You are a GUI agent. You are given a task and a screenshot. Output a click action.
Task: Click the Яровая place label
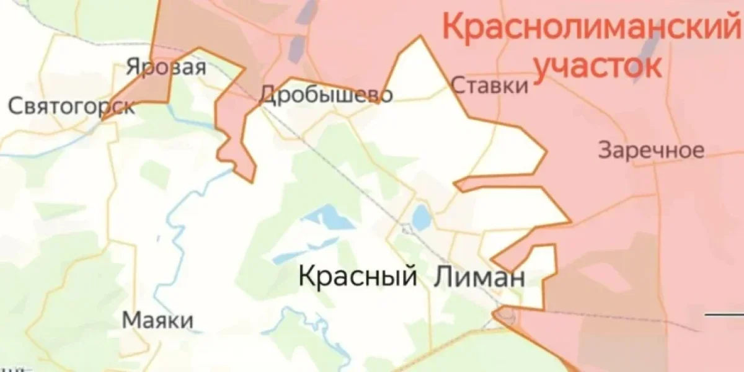(x=166, y=66)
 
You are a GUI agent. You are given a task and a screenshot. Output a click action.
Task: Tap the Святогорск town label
(x=71, y=106)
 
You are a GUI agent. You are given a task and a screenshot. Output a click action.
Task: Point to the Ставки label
(x=490, y=85)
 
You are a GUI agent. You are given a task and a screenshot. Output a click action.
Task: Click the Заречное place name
(x=651, y=151)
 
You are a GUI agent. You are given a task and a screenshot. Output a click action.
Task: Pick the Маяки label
(x=157, y=321)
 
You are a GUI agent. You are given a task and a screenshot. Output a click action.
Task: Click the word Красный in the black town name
(x=357, y=275)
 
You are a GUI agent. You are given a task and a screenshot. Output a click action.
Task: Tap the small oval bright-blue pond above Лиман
(x=422, y=218)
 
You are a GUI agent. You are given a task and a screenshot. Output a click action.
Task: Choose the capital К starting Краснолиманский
(x=453, y=28)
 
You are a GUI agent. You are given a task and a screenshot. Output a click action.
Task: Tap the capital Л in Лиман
(x=440, y=277)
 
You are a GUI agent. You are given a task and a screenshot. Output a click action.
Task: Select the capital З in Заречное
(x=604, y=151)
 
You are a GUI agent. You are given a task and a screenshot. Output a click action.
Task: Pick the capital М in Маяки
(x=131, y=321)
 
